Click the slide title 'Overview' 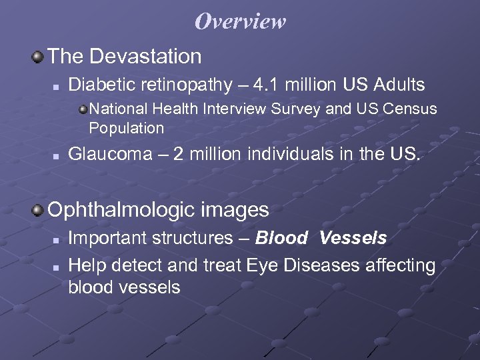tap(240, 21)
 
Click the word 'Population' tap(126, 128)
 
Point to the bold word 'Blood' tap(281, 238)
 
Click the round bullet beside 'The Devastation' tap(39, 57)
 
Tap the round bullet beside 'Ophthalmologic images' tap(39, 211)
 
